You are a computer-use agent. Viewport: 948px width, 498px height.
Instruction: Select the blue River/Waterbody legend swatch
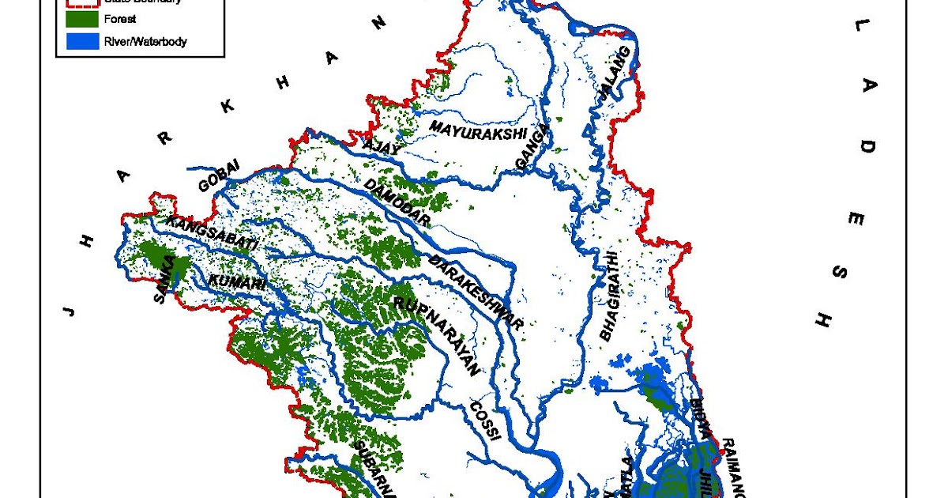point(81,42)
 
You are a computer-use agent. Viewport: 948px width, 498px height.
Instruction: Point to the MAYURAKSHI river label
point(477,130)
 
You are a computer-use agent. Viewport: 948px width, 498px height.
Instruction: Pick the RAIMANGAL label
point(734,466)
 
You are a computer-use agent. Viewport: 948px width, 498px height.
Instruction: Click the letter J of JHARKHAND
point(70,309)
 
